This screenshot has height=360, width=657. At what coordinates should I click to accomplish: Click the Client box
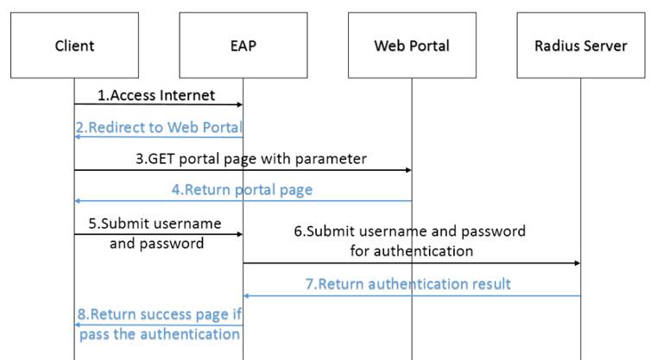[x=74, y=45]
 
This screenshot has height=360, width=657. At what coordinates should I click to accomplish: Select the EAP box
[x=243, y=45]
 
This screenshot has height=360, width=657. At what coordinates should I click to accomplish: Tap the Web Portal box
[x=412, y=45]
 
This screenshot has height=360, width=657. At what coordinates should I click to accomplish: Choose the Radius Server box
[x=580, y=45]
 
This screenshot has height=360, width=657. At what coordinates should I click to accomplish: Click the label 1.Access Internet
[x=155, y=95]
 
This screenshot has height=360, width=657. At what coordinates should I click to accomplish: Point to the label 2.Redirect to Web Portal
[x=158, y=128]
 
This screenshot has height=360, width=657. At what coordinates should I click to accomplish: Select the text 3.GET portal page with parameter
[x=251, y=159]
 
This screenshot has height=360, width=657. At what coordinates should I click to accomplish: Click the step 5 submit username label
[x=155, y=233]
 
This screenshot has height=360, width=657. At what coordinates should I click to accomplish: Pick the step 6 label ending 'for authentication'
[x=411, y=241]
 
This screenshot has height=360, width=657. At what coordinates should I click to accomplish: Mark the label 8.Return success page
[x=160, y=325]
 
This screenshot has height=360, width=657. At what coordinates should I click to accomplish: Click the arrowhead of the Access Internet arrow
[x=239, y=105]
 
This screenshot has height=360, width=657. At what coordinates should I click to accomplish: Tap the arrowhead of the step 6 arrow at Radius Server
[x=576, y=262]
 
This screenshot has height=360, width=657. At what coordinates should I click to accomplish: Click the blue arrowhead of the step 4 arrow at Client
[x=79, y=200]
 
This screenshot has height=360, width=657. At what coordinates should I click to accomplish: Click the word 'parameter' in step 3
[x=333, y=159]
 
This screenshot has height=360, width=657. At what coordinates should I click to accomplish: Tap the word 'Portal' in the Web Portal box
[x=430, y=45]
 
